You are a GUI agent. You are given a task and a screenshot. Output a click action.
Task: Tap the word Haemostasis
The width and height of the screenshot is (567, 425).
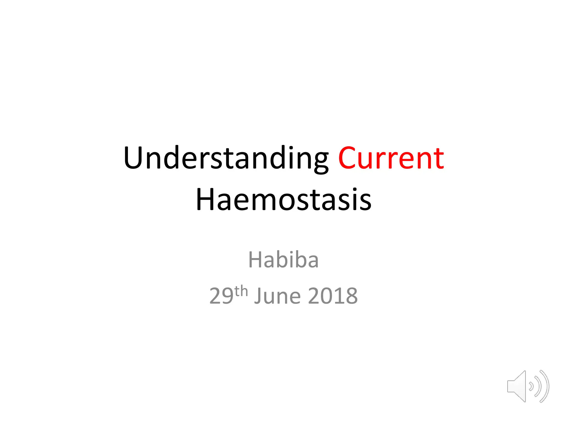[283, 199]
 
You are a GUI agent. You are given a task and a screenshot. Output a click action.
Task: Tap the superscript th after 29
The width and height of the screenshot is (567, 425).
[241, 291]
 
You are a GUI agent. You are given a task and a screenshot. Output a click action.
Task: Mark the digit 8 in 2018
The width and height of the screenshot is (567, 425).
[351, 296]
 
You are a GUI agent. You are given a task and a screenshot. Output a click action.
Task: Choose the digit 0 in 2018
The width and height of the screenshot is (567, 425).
[326, 296]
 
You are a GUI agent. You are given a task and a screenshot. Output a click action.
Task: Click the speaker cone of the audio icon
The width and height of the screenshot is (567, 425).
[517, 386]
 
